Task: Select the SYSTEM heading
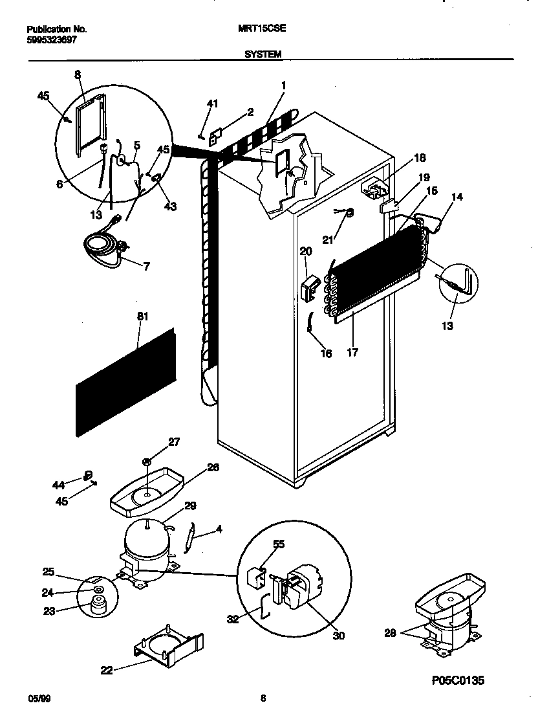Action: (x=263, y=55)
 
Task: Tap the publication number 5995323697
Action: (x=56, y=39)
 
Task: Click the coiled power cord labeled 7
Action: (x=103, y=246)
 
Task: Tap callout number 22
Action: (x=107, y=671)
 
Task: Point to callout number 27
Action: (x=174, y=442)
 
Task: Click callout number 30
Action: (x=338, y=636)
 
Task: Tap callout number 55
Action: (x=279, y=545)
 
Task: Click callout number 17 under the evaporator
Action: (x=352, y=353)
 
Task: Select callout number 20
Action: (x=306, y=251)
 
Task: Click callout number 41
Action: (x=213, y=104)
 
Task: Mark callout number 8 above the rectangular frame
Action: (x=78, y=74)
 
